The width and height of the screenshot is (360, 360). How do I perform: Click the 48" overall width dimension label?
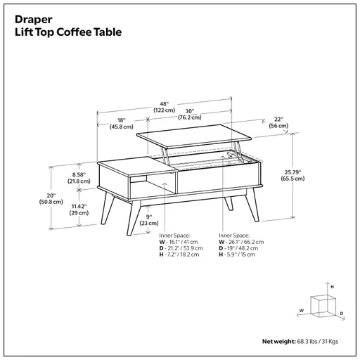(x=164, y=105)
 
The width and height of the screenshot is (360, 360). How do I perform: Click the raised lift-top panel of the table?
(x=193, y=136)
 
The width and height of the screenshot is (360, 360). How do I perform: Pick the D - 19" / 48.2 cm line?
(x=241, y=248)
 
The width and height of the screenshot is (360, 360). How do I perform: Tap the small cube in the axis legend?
(x=323, y=304)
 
